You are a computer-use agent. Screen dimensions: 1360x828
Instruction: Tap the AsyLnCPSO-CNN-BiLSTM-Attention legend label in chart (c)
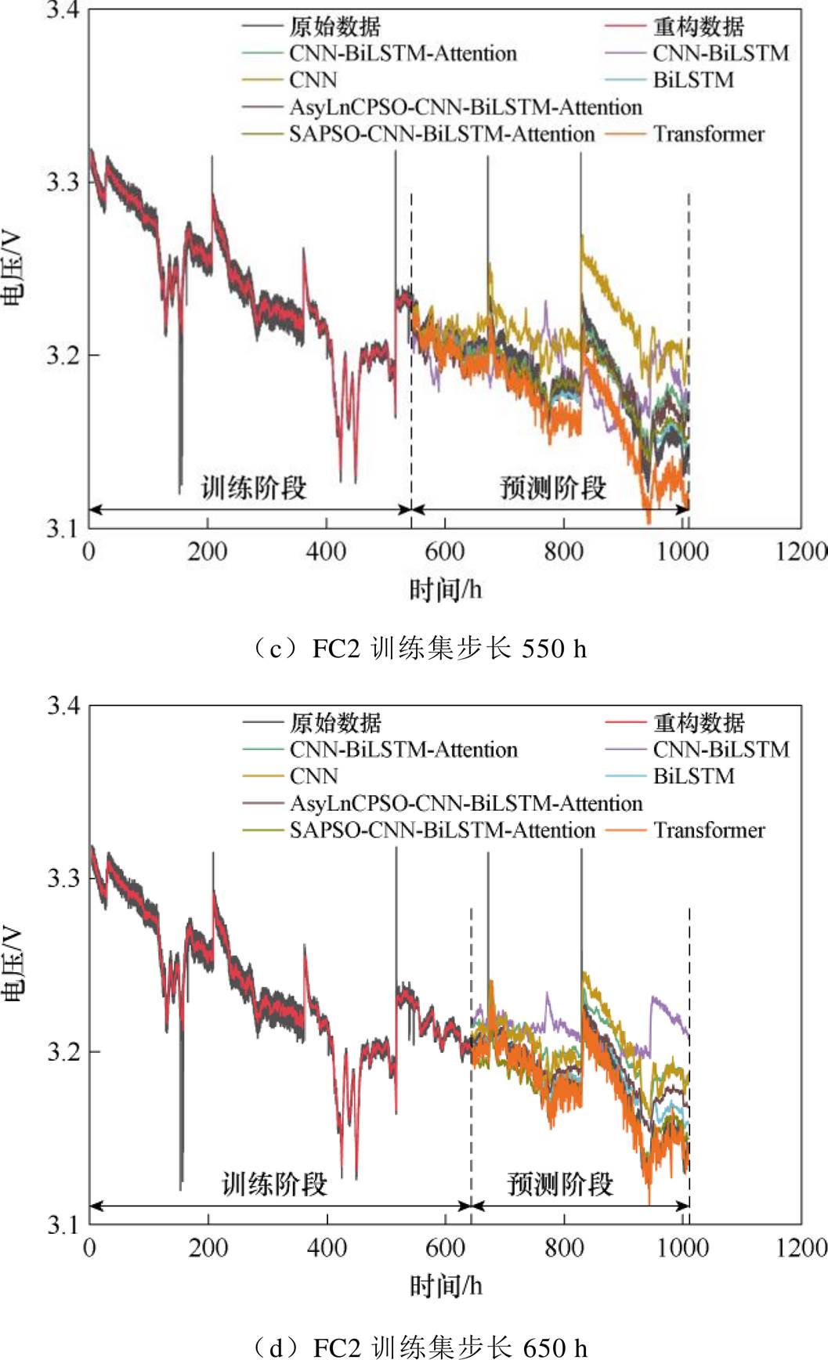click(465, 107)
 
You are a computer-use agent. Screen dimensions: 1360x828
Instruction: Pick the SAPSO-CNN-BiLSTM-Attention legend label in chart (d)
click(442, 830)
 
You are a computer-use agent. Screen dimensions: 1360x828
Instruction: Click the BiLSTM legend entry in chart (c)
click(693, 80)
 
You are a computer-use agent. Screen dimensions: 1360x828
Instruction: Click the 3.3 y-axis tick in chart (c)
click(62, 182)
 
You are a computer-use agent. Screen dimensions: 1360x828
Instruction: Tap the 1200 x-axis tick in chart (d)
click(801, 1247)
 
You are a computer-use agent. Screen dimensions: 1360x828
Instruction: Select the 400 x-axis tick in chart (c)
click(326, 552)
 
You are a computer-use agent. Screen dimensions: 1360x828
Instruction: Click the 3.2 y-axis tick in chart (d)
click(63, 1051)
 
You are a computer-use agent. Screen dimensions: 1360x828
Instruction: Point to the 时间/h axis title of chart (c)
click(445, 589)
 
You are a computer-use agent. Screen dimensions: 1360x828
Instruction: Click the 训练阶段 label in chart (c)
click(254, 487)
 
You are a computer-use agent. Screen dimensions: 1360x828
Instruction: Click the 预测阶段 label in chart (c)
click(552, 487)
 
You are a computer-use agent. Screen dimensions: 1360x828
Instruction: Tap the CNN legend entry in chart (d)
click(313, 776)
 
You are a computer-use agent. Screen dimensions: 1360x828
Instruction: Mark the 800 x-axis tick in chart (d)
click(564, 1247)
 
